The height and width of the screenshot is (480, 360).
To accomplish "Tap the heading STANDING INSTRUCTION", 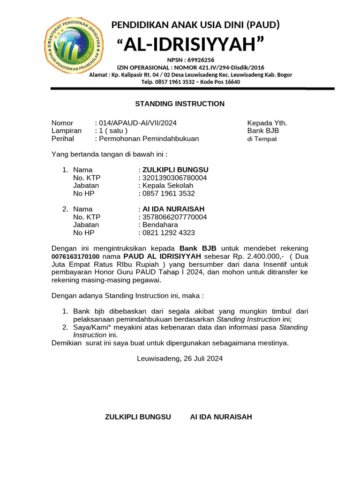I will pos(180,104).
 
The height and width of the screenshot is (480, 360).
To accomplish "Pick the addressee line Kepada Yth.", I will pos(267,123).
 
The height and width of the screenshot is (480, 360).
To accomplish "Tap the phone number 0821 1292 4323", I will pos(168,232).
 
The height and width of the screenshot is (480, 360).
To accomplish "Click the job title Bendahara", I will pos(160,225).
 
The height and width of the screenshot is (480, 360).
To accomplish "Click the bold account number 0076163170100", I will pos(75,257).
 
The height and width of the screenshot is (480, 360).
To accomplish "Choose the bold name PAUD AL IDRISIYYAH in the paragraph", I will pos(162,256).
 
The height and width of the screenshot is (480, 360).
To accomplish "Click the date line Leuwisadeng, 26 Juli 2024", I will pos(180,359).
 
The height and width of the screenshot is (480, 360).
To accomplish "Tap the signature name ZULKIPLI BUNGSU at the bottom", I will pos(138,417).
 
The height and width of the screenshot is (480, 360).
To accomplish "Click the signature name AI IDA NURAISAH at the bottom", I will pos(221,417).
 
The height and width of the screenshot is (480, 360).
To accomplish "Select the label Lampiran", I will pos(66,131).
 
